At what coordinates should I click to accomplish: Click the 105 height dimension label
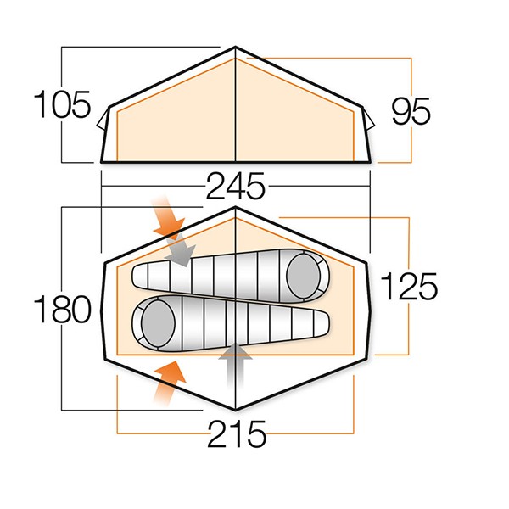point(62,104)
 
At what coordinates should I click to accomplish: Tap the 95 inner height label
point(411,111)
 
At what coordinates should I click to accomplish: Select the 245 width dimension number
point(236,186)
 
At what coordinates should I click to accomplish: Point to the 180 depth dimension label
point(62,309)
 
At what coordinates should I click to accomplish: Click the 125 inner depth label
point(409,286)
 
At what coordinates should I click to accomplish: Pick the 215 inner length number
point(237,434)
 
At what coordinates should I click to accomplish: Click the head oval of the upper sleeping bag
point(304,276)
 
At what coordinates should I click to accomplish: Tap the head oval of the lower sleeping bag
point(158,323)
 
